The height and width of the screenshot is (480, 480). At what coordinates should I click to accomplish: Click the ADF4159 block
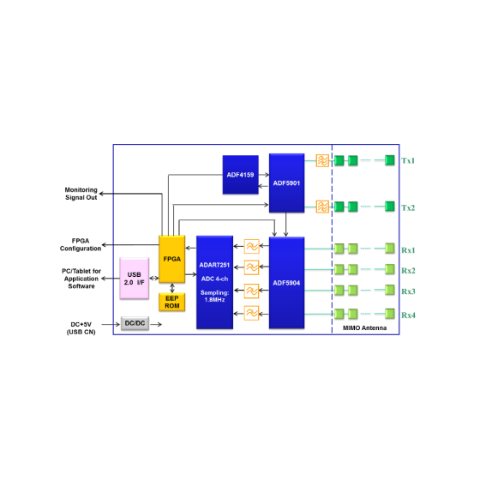pos(240,175)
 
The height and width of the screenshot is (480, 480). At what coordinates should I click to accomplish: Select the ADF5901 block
pos(286,183)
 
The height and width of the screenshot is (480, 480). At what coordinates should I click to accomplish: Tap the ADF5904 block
pos(286,283)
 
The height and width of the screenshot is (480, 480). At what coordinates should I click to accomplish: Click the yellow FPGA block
pos(171,259)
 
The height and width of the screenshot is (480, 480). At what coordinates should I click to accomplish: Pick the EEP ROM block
pos(171,302)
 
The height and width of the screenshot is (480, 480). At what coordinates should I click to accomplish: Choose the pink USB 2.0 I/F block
pos(134,279)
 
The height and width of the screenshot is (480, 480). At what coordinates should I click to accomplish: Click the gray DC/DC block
pos(135,323)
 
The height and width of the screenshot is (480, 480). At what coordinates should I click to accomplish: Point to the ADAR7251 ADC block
pos(214,282)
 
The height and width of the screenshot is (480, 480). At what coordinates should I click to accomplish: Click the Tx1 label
pos(408,161)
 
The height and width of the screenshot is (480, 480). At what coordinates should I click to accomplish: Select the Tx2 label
pos(408,207)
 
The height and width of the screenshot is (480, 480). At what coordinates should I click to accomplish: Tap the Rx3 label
pos(408,291)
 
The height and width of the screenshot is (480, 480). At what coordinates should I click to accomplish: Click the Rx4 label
pos(408,315)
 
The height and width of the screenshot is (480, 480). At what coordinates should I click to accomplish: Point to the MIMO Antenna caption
pos(364,327)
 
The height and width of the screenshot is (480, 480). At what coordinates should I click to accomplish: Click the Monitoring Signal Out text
pos(81,194)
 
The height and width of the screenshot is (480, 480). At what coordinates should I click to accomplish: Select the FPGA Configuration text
pos(81,244)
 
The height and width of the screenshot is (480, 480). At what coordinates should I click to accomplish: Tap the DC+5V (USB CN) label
pos(81,328)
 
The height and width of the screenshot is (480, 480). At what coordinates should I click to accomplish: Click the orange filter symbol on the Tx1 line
pos(322,160)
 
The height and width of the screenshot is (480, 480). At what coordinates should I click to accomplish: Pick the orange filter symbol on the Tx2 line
pos(322,207)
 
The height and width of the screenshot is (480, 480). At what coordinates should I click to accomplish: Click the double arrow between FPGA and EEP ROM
pos(172,288)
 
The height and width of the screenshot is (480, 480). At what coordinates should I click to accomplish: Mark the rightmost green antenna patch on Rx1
pos(390,249)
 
